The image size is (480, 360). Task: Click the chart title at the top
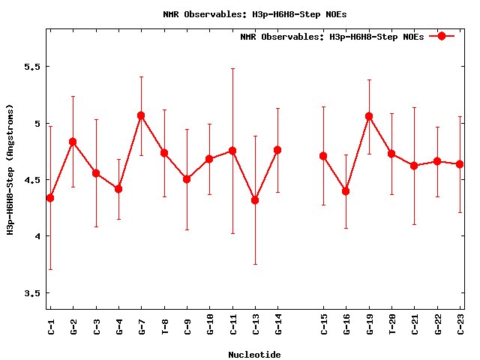[x=254, y=14]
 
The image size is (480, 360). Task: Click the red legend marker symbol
[x=442, y=36]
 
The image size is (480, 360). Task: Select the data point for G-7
[x=141, y=115]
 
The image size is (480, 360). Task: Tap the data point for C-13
[x=255, y=200]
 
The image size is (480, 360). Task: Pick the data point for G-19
[x=369, y=116]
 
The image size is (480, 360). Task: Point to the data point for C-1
[x=50, y=198]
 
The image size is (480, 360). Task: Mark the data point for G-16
[x=346, y=191]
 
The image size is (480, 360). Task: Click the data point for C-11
[x=232, y=151]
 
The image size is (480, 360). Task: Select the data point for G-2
[x=73, y=142]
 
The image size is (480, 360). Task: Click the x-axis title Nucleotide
[x=254, y=355]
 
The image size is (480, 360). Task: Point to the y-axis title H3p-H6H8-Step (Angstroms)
[x=10, y=169]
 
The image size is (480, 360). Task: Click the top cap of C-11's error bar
[x=232, y=68]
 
